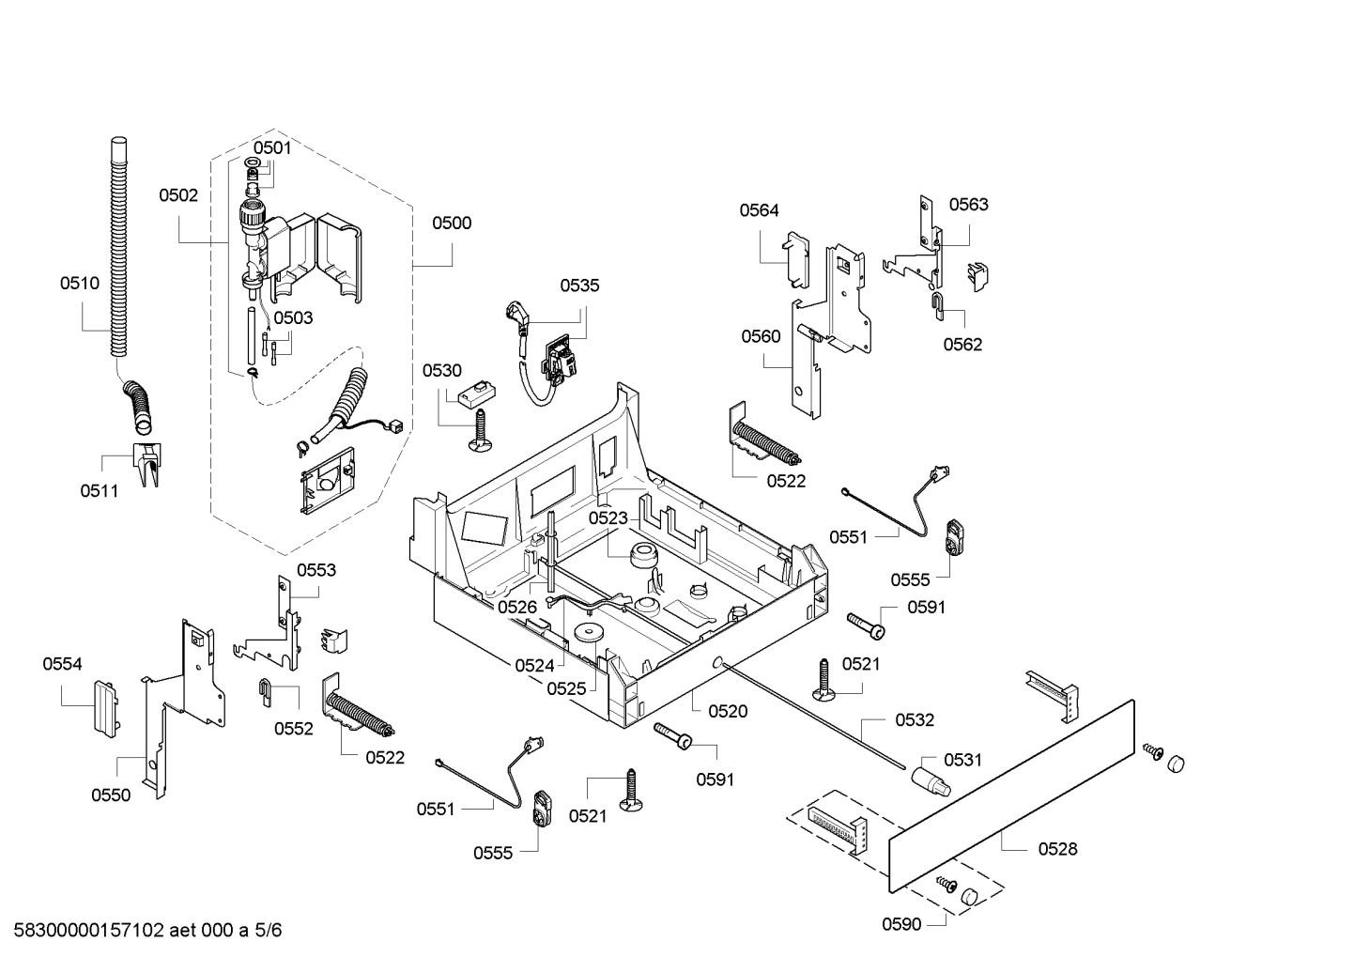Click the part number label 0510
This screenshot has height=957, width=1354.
coord(79,283)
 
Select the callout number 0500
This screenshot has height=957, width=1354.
coord(451,223)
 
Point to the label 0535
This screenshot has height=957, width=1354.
coord(579,286)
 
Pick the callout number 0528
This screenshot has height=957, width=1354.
coord(1057,849)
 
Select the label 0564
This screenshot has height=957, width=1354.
coord(759,210)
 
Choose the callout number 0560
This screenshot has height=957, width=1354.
coord(760,336)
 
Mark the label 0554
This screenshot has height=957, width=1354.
coord(62,664)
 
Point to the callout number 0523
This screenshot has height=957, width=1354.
coord(608,517)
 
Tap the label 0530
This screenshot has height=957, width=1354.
coord(441,370)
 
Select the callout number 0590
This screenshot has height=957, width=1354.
coord(900,924)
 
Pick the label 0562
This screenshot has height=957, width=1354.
coord(962,344)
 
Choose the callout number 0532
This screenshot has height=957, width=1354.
coord(914,719)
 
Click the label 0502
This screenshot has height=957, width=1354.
coord(178,195)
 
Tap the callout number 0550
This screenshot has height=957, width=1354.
coord(111,795)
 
